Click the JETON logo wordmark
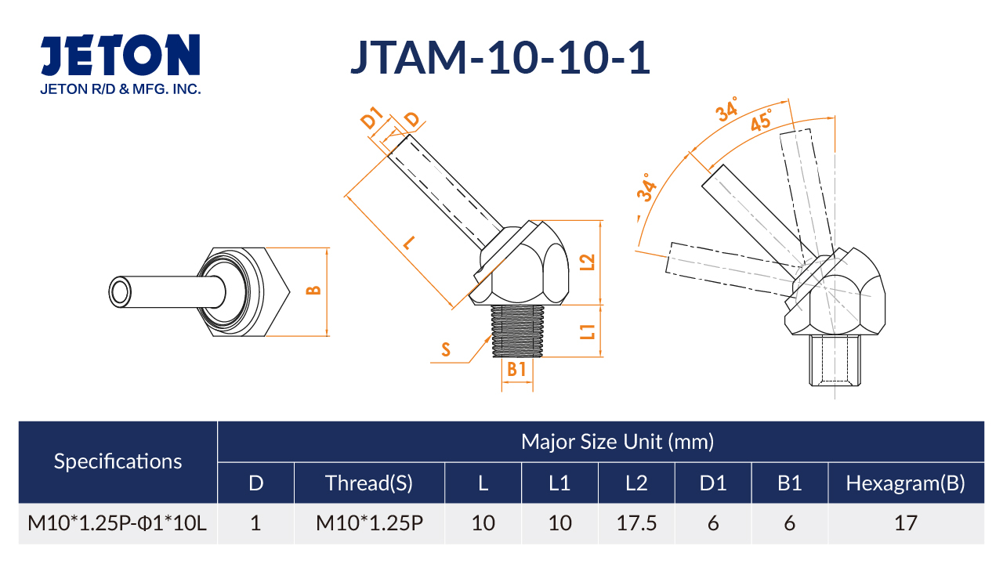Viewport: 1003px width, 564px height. click(x=121, y=55)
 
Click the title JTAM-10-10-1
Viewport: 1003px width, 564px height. click(x=500, y=57)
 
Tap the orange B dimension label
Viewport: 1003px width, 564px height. click(x=314, y=291)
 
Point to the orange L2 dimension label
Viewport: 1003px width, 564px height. click(x=587, y=262)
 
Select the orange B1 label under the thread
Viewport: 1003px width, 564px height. click(x=516, y=370)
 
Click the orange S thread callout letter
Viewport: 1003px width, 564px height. click(x=446, y=349)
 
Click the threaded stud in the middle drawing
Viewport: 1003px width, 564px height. click(x=517, y=331)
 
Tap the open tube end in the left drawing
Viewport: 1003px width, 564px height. click(x=121, y=292)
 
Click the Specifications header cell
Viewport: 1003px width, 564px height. click(x=118, y=461)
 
